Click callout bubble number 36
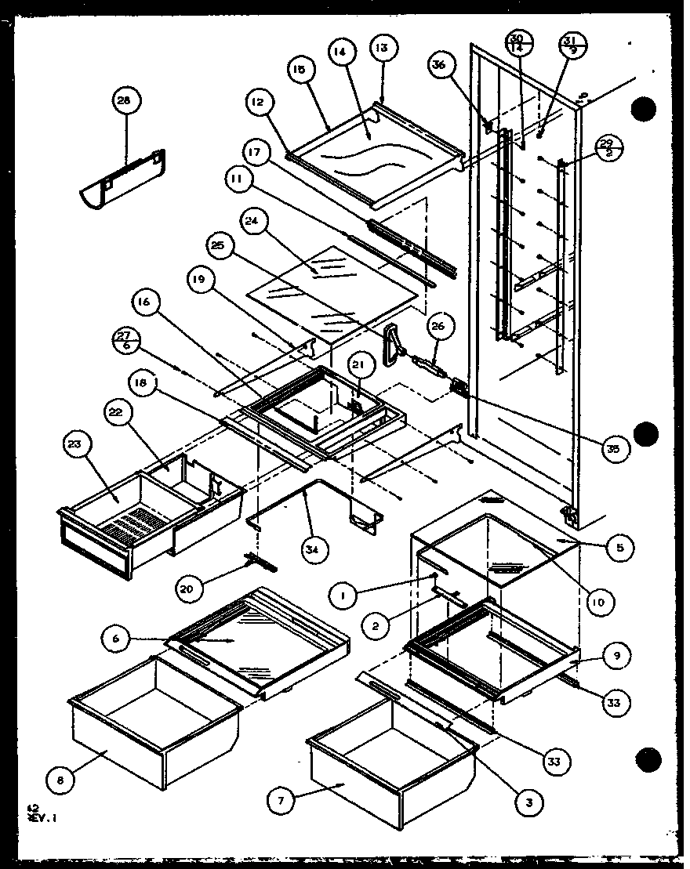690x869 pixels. (439, 65)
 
